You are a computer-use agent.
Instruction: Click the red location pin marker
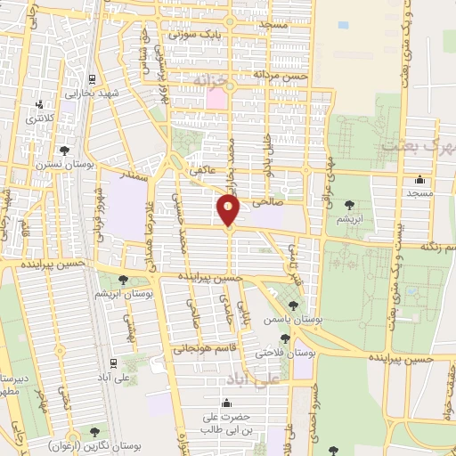coord(229,211)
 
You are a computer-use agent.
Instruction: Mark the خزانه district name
coord(211,82)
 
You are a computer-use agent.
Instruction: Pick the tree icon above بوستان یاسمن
coord(293,305)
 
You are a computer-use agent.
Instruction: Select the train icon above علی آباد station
coord(113,363)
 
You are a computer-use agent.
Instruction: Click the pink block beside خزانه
coord(217,99)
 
